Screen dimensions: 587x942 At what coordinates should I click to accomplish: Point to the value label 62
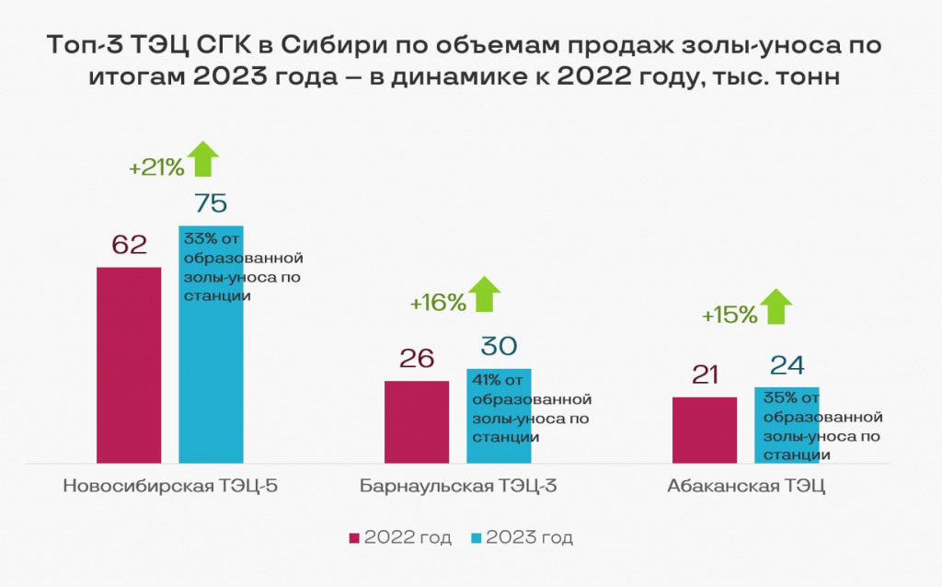click(129, 245)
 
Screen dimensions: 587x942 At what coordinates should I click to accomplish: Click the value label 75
click(210, 203)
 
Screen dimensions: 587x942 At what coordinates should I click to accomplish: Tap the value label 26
click(417, 358)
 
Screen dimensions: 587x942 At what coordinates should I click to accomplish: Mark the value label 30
click(499, 346)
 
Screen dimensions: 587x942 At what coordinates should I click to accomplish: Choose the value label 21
click(705, 374)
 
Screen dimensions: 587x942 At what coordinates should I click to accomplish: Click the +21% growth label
click(156, 168)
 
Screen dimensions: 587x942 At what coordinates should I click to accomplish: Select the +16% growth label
click(438, 303)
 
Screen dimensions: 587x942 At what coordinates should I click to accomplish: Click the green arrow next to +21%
click(203, 158)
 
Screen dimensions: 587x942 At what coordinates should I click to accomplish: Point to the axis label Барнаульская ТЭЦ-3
click(459, 486)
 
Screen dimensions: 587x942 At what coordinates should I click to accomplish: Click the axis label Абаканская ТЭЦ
click(746, 486)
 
